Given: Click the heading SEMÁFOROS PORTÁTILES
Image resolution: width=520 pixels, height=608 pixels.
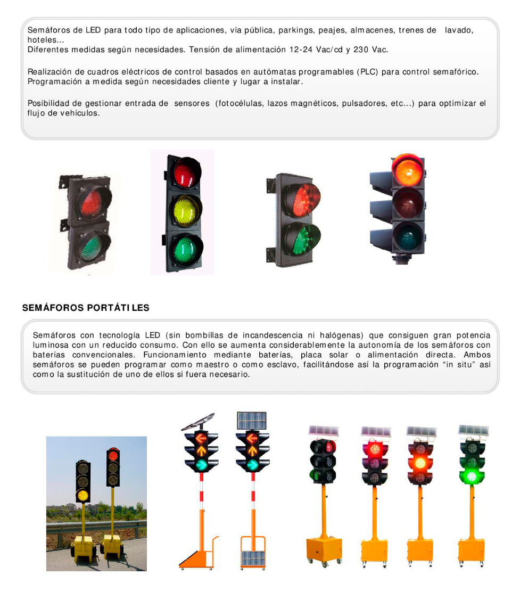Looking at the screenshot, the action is coord(86,308).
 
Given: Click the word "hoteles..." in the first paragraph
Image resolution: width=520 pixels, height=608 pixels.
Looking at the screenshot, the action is coord(46,39).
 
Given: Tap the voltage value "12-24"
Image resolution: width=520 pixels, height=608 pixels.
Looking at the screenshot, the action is coord(301,49).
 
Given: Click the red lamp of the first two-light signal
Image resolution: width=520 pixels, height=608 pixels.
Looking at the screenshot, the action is coord(92,203).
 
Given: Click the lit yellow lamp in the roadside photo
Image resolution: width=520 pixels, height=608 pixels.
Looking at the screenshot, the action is coord(82,495).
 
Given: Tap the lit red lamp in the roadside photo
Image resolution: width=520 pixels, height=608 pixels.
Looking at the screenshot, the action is coord(113,455).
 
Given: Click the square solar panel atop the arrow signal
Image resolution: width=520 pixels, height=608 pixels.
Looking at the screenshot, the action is coord(251,421).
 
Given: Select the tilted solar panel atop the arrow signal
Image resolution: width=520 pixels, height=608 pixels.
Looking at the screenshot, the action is coord(198,422).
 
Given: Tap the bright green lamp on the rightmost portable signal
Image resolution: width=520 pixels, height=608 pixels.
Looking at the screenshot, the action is coord(472,476).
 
